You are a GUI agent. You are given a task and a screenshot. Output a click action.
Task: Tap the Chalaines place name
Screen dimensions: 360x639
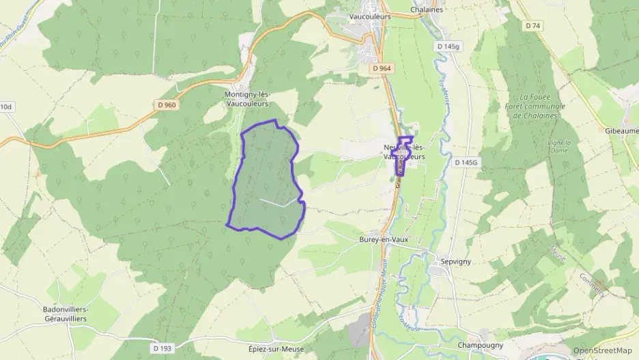427,10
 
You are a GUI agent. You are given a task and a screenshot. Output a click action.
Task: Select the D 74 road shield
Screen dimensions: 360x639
533,26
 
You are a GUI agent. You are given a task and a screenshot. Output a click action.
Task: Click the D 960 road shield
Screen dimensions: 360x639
167,105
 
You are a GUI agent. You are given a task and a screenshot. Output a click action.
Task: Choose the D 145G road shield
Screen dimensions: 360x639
467,162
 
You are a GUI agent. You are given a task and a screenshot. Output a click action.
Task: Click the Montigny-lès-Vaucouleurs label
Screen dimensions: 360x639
246,99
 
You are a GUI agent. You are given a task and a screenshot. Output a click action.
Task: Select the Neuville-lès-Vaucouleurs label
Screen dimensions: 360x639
404,152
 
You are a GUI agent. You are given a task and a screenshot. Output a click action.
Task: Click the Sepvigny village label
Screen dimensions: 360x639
457,261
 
